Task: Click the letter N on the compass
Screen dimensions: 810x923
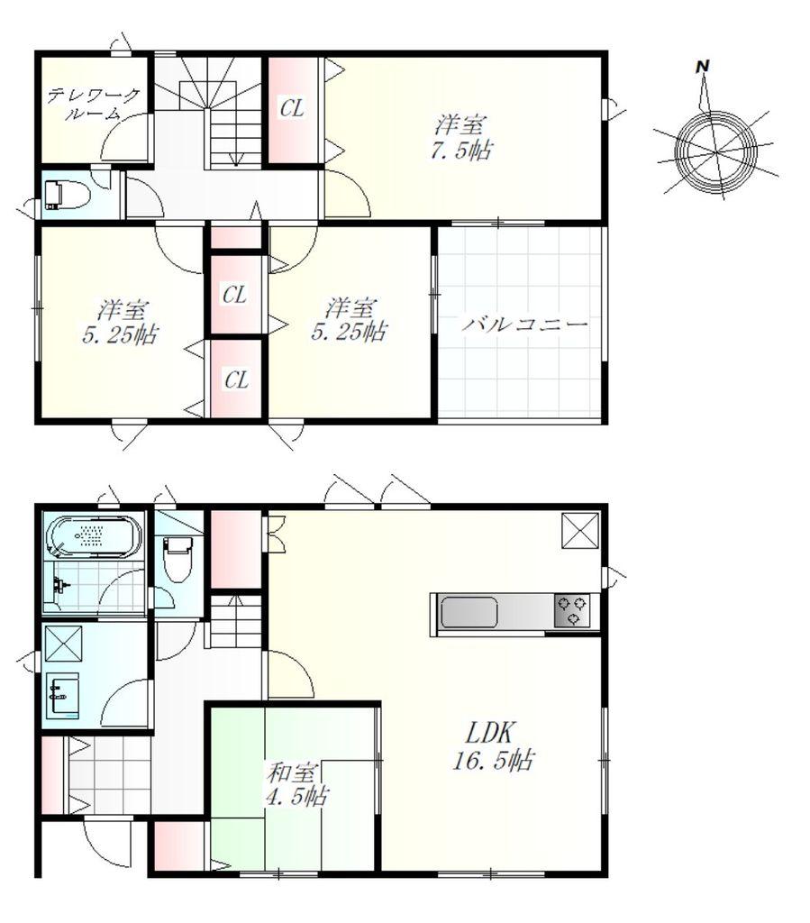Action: tap(702, 67)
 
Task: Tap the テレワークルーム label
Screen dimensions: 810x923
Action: tap(94, 105)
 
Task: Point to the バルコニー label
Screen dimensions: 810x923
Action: tap(524, 324)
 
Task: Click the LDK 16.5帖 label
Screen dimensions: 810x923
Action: tap(493, 747)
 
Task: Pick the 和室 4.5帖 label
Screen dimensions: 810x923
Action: tap(296, 783)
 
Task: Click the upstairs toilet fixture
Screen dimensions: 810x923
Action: tap(66, 195)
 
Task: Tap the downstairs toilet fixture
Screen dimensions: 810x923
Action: tap(177, 557)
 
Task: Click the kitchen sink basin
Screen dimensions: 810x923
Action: tap(469, 612)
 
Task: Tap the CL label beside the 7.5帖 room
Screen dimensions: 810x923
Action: tap(292, 108)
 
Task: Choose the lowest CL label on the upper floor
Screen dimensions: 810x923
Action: tap(236, 380)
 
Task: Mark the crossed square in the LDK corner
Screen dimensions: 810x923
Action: tap(580, 531)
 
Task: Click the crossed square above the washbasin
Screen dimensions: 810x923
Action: tap(63, 645)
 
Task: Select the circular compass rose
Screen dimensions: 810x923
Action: tap(716, 151)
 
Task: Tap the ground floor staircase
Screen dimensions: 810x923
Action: tap(235, 621)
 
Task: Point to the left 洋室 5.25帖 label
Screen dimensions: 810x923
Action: tap(120, 323)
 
